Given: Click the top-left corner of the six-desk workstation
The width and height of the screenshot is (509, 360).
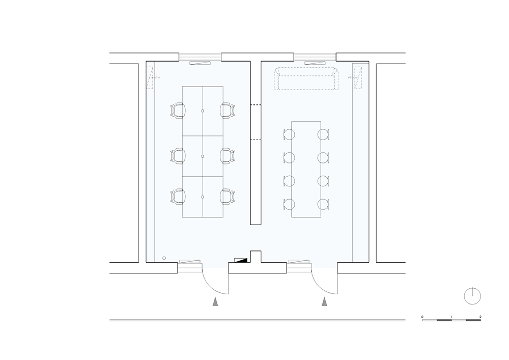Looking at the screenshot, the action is (182, 87).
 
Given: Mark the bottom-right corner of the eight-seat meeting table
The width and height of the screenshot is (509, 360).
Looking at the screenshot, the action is (321, 217).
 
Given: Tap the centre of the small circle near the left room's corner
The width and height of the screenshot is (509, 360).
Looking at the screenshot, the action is (164, 258).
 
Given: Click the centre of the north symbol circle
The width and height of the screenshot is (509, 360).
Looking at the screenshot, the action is (472, 296).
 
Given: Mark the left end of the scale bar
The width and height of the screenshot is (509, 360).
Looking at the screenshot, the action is (422, 320).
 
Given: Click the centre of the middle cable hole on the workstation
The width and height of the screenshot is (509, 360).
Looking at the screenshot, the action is (203, 156).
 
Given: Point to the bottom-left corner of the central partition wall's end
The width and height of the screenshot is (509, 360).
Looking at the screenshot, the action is (250, 225).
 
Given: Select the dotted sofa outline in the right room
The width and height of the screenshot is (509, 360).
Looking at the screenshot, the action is (306, 78).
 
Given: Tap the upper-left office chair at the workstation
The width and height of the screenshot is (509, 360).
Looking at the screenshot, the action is (178, 110).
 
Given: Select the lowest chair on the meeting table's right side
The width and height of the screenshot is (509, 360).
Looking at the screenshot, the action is (323, 204).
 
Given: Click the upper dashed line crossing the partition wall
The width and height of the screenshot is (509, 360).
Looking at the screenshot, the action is (256, 105).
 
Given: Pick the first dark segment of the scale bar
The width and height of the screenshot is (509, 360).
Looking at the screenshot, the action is (444, 320).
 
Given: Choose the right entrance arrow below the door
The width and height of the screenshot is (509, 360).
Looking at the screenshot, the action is (324, 301).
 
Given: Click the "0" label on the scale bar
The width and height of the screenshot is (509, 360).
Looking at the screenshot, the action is (422, 317).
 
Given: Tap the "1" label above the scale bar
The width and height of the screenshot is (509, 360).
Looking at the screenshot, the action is (451, 317).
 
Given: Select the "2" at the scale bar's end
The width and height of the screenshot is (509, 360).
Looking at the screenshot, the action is (480, 317).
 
